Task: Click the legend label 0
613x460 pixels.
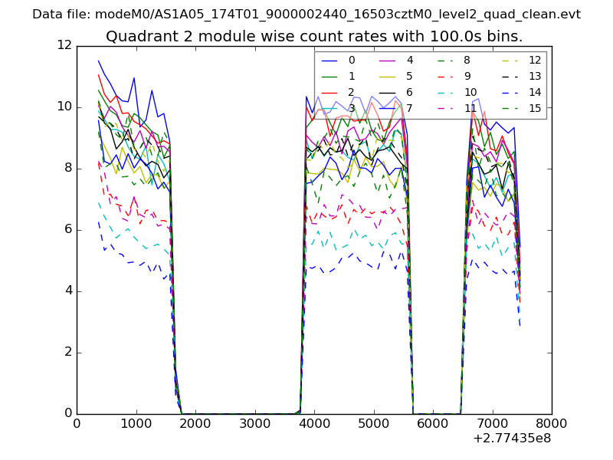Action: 352,61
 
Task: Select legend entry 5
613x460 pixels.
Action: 410,77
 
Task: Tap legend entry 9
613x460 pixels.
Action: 467,77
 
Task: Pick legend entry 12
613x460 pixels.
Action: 535,61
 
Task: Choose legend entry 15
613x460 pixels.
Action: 535,108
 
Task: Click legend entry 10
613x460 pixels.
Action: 470,93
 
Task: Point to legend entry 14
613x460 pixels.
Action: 535,93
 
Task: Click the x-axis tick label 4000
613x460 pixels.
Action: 314,423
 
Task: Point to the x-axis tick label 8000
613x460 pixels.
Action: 552,423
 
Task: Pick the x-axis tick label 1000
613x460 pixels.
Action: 136,423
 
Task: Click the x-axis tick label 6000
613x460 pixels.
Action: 433,423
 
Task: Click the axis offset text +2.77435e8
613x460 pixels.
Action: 512,439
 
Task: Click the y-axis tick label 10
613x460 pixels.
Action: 64,107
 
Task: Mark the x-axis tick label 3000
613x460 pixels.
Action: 255,423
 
